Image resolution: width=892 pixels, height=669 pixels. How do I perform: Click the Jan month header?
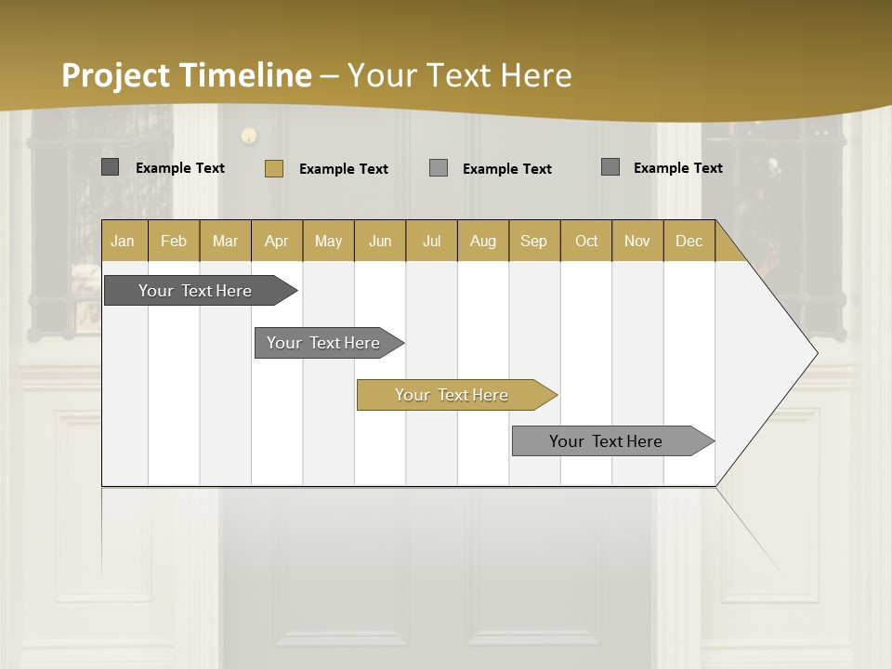123,241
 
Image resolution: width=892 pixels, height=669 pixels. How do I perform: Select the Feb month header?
174,241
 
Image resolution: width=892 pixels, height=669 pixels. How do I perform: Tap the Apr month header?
276,241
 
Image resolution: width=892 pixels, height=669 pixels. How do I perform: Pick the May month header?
328,241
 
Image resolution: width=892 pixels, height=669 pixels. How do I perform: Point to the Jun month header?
380,241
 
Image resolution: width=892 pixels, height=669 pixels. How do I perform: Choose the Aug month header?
482,241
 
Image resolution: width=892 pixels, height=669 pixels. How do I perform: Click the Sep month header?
533,241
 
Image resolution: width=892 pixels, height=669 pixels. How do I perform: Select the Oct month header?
586,241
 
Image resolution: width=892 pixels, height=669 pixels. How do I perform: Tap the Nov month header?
636,241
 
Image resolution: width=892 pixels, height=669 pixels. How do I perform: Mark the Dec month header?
689,241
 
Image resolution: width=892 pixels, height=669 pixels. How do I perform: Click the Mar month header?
225,241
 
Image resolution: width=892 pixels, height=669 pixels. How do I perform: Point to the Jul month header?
431,241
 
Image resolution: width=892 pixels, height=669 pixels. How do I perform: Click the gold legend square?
273,168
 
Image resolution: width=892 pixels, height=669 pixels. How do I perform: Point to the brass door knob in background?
249,136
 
